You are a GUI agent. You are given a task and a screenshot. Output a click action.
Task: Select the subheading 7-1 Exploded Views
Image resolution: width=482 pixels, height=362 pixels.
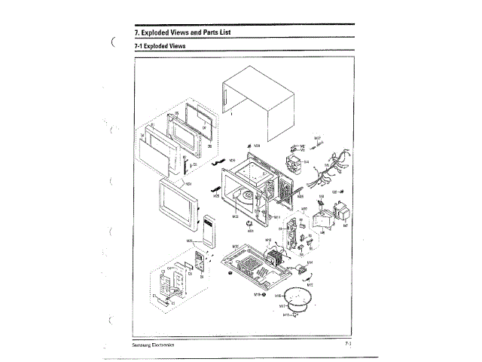coord(160,46)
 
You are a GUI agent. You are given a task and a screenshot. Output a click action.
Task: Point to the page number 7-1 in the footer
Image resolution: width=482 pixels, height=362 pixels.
coord(349,344)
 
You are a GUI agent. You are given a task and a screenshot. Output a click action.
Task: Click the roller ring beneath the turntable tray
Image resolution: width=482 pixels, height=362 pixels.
coord(293,306)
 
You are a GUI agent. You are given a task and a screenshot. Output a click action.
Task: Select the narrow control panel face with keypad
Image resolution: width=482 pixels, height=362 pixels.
coord(208,230)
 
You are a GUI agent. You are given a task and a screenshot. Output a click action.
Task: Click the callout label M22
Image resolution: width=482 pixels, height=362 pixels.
coord(236,217)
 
